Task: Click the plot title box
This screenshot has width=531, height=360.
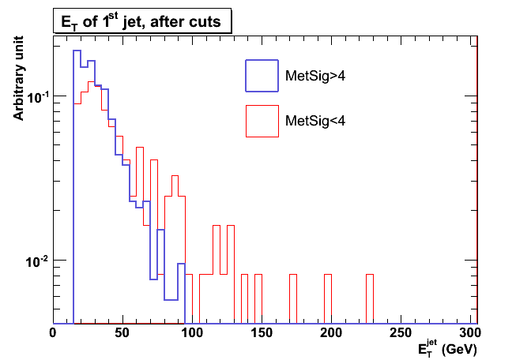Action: point(141,22)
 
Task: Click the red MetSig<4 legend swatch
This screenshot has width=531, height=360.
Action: point(262,121)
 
